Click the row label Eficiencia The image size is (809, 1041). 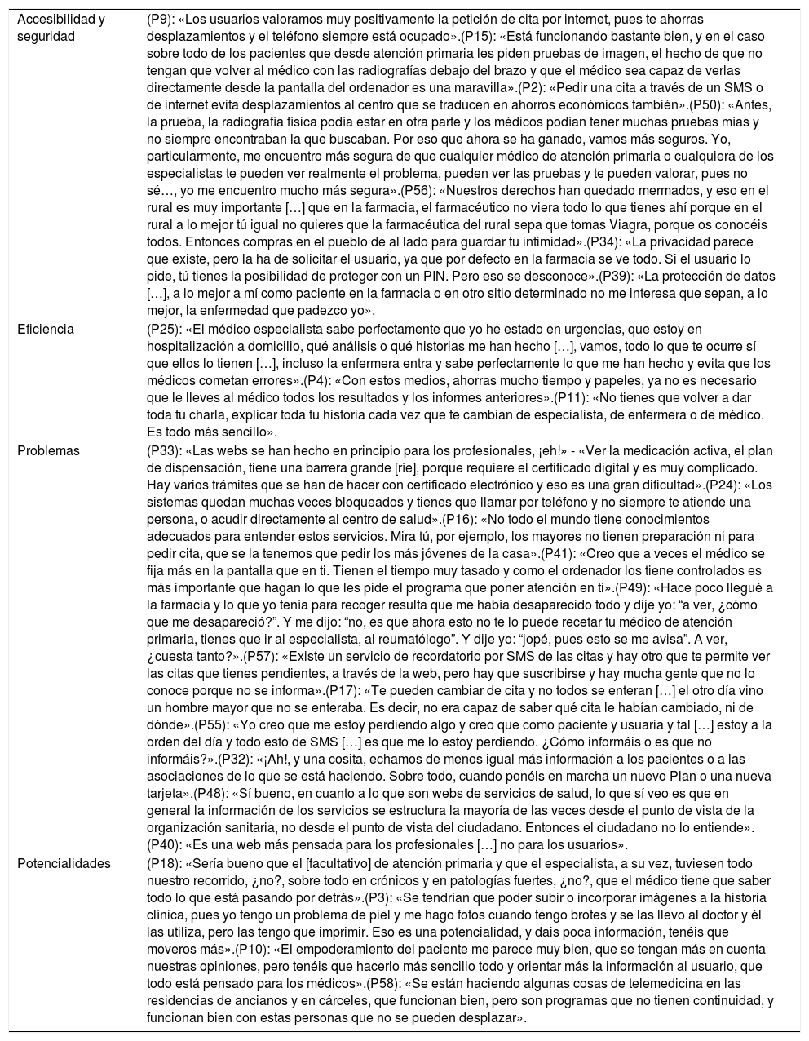point(46,329)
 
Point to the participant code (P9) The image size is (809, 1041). point(159,19)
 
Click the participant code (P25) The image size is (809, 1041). point(162,329)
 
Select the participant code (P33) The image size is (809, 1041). point(162,450)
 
